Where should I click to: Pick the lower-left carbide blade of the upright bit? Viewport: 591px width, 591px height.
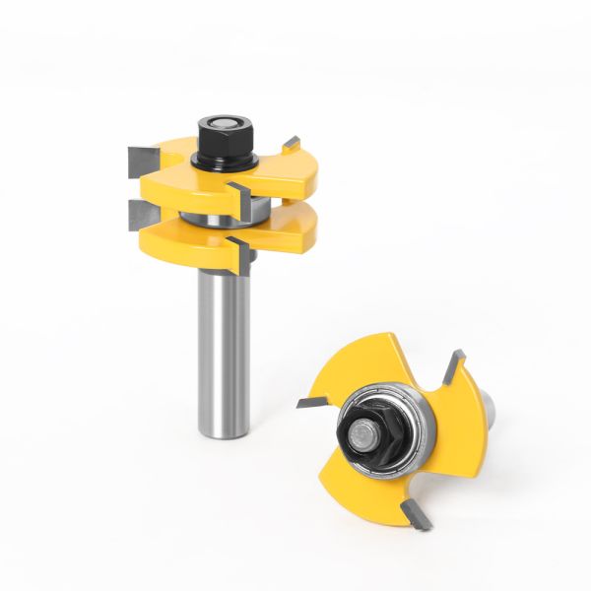(138, 214)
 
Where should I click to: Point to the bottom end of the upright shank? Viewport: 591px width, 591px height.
(223, 433)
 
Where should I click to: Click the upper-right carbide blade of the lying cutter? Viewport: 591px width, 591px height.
(452, 370)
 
